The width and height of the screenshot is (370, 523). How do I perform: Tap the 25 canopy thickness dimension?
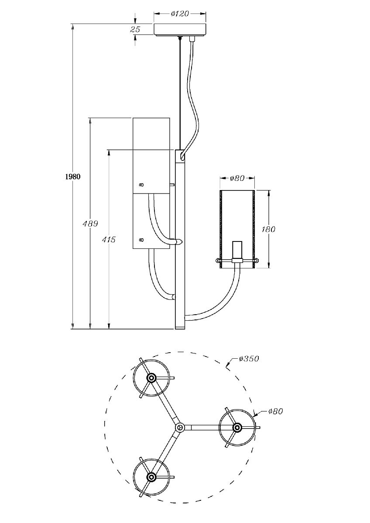(135, 30)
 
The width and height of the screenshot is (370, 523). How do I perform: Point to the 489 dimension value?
(90, 224)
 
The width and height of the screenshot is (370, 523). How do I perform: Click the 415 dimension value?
(109, 239)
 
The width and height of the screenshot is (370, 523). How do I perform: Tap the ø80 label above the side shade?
(237, 178)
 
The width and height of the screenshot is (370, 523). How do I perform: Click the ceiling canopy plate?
(180, 29)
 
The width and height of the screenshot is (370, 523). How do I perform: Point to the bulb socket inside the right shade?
(237, 250)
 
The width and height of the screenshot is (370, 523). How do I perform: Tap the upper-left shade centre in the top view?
(151, 378)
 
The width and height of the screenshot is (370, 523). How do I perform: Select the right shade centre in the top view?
(237, 427)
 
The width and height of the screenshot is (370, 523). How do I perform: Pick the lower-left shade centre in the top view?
(151, 477)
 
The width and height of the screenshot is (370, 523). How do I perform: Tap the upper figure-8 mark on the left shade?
(141, 185)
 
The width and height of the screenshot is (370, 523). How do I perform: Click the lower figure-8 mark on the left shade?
(141, 239)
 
